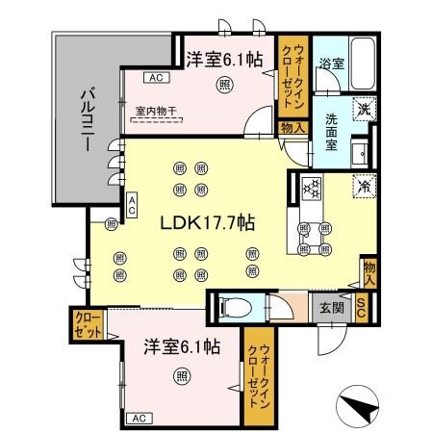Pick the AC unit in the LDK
point(132,204)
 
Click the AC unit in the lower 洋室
point(139,418)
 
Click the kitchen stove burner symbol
point(310,189)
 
